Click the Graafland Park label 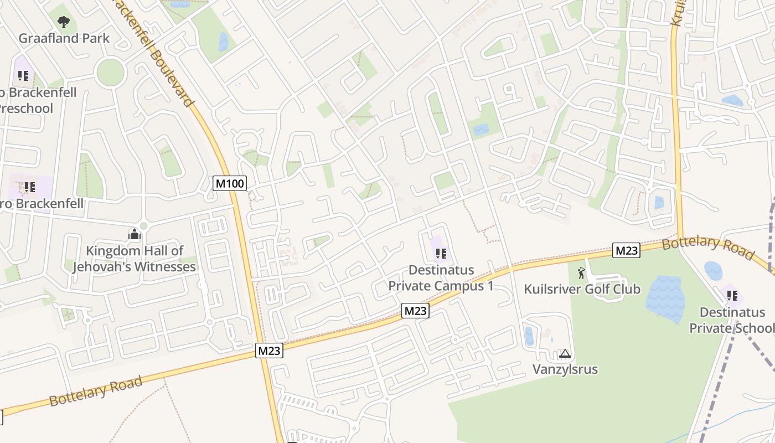[x=64, y=38]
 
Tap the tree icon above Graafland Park [x=64, y=22]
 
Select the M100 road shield [x=229, y=183]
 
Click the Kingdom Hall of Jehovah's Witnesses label [x=135, y=259]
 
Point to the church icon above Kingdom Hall [x=134, y=235]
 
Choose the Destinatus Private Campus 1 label [x=441, y=277]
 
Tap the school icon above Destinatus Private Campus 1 [x=441, y=254]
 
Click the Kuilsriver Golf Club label [x=582, y=289]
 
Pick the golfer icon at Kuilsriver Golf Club [x=581, y=272]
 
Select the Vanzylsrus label [x=565, y=369]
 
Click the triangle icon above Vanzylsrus [x=565, y=353]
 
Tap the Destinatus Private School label [x=731, y=320]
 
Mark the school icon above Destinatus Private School [x=732, y=296]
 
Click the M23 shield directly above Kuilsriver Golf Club [x=626, y=251]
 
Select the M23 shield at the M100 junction [x=270, y=351]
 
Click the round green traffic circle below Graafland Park [x=110, y=72]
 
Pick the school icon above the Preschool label [x=23, y=75]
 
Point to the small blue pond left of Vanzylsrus [x=529, y=336]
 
